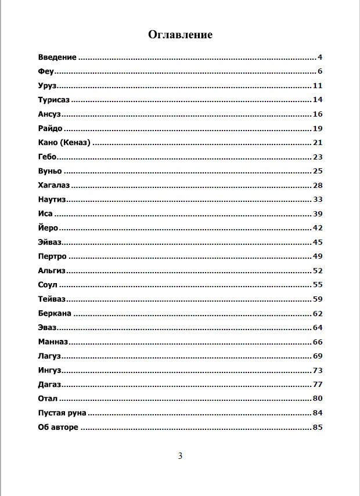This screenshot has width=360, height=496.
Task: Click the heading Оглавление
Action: tap(180, 35)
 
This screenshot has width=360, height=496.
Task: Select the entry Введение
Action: tap(57, 57)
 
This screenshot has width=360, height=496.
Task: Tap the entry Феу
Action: tap(46, 71)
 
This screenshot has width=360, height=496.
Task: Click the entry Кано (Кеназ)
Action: tap(64, 143)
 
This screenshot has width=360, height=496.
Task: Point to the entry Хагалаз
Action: tap(54, 185)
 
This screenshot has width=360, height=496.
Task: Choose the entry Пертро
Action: tap(53, 256)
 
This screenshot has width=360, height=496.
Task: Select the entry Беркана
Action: tap(55, 313)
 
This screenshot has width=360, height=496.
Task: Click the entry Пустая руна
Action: tap(62, 413)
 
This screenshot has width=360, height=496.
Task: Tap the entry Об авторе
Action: tap(58, 428)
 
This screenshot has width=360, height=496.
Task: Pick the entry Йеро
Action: tap(48, 228)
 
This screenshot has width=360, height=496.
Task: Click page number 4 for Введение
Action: tap(319, 57)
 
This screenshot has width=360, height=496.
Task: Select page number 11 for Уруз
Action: tap(317, 86)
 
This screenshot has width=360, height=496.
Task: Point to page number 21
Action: tap(317, 143)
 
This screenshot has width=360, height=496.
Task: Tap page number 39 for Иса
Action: tap(317, 214)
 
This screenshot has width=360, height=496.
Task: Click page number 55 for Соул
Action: tap(317, 285)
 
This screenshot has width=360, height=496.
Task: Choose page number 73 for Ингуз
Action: tap(317, 370)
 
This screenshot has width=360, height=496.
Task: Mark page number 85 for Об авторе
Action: tap(317, 428)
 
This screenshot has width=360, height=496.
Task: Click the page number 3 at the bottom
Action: tap(180, 456)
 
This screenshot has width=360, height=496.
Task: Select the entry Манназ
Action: tap(53, 342)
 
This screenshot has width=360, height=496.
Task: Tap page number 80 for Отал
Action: tap(317, 399)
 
